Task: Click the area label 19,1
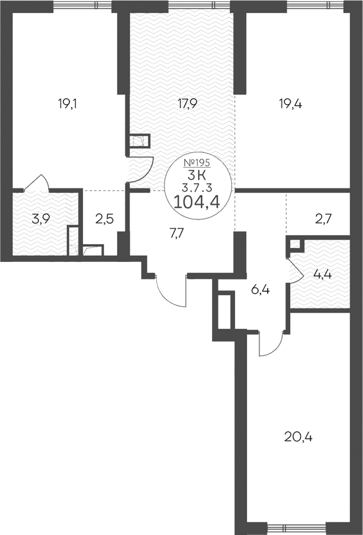click(68, 104)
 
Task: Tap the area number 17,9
click(187, 104)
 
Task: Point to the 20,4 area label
click(298, 436)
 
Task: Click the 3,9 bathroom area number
click(41, 219)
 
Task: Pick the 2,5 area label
click(105, 219)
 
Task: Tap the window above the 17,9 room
click(200, 5)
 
